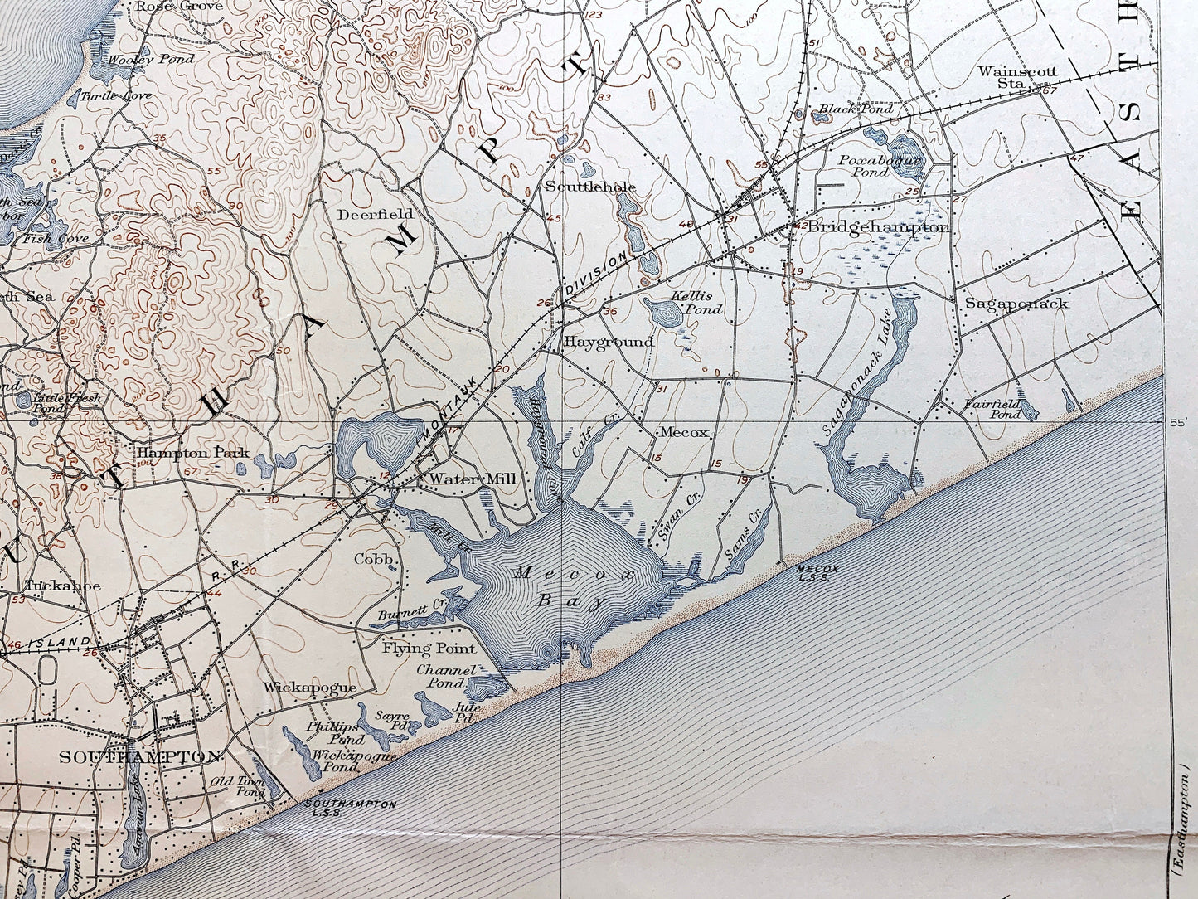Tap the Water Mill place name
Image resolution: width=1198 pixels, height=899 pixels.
[x=473, y=479]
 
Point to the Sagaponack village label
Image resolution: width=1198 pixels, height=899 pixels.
[x=1016, y=304]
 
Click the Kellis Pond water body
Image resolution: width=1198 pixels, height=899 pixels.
[x=663, y=313]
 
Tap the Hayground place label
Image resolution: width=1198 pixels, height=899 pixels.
[x=609, y=341]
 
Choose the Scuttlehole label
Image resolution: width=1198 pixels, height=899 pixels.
[x=590, y=187]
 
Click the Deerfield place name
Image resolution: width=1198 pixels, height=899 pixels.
[x=364, y=213]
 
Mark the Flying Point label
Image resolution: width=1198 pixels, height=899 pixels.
[x=429, y=648]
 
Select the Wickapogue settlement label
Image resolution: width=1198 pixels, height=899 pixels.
[x=310, y=688]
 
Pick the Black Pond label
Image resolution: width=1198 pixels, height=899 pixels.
[x=856, y=109]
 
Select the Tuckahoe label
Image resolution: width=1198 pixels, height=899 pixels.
[x=62, y=586]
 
